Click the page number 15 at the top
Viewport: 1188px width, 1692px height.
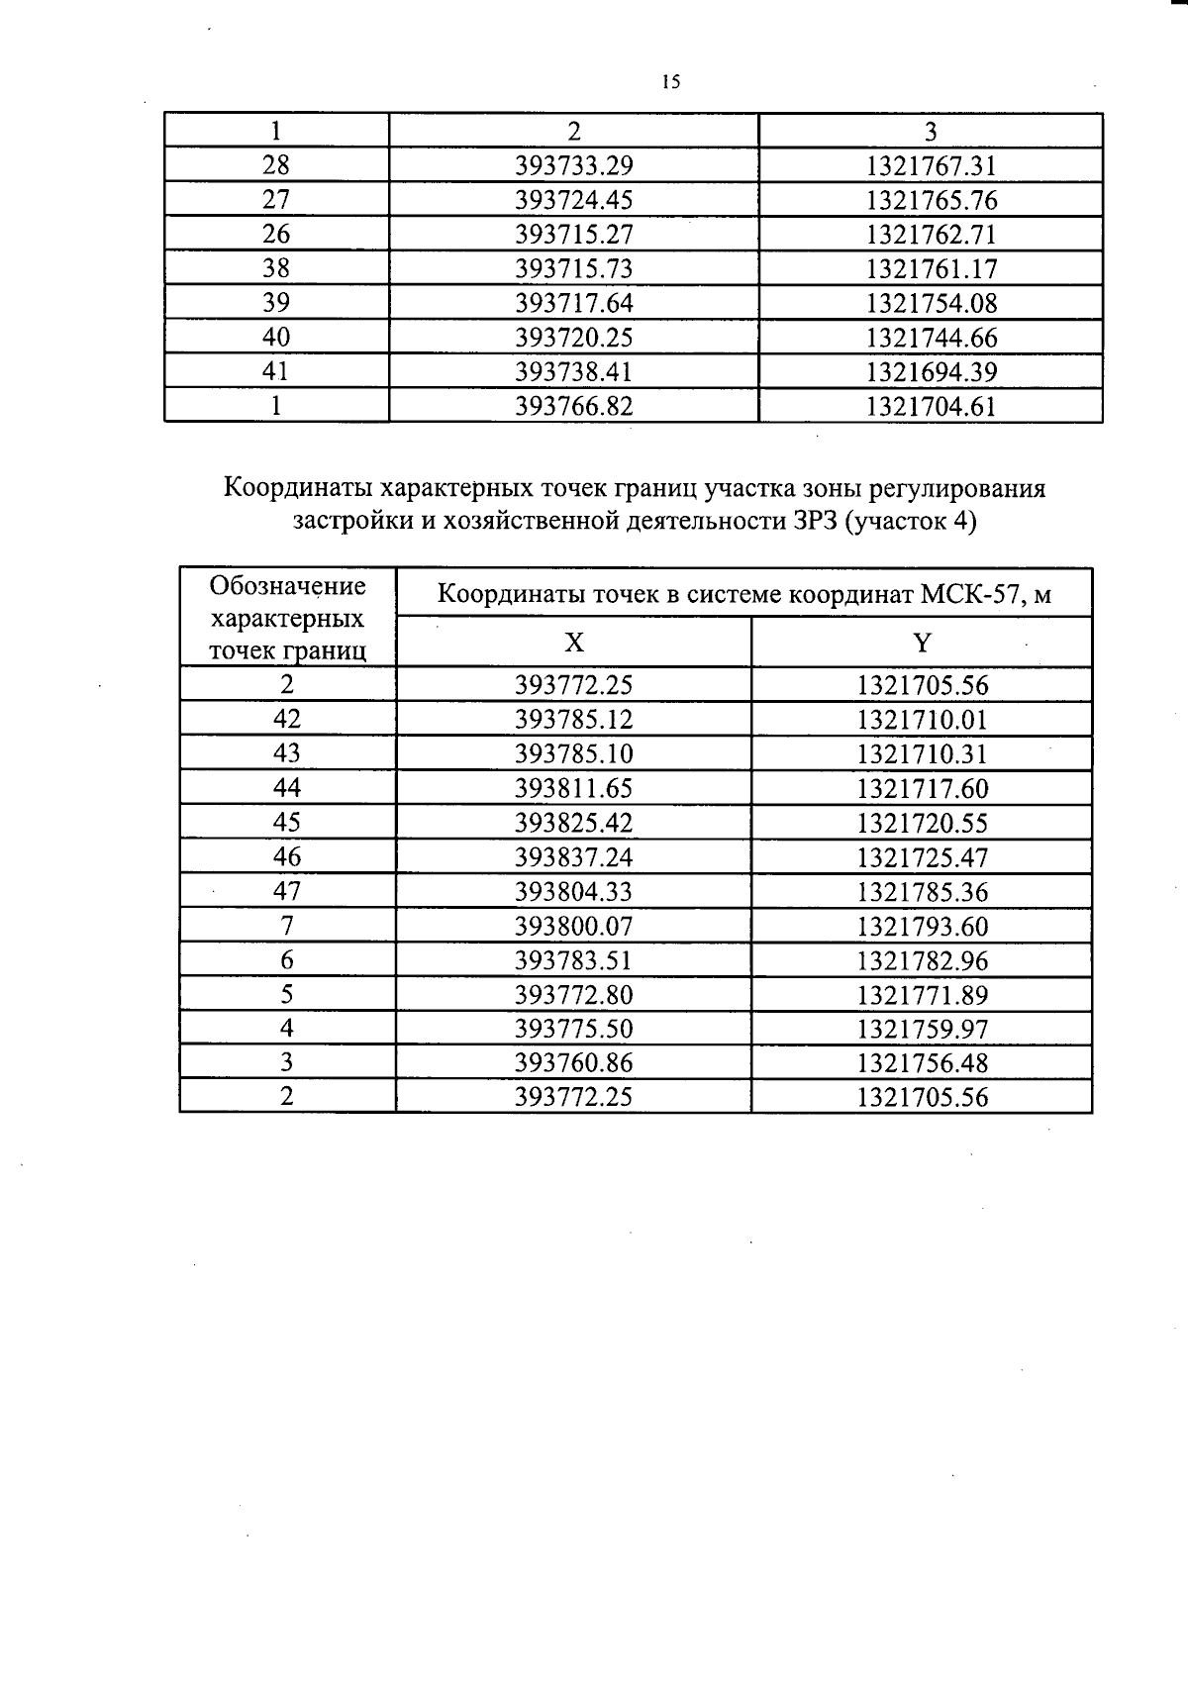point(670,82)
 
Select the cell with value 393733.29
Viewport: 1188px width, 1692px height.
point(573,165)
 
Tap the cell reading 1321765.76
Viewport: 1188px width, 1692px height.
point(931,200)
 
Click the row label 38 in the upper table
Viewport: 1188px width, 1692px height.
point(275,268)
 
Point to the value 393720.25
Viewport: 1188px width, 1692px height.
point(573,338)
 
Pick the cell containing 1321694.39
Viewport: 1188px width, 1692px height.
point(931,372)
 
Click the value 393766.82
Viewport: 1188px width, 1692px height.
point(573,406)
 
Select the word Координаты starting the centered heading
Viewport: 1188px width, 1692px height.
point(298,488)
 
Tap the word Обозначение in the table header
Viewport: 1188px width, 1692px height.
point(287,586)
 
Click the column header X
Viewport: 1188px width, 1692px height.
point(573,643)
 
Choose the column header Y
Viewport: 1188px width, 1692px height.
point(922,643)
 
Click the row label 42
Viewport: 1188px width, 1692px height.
point(287,719)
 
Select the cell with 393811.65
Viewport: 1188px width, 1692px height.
point(573,788)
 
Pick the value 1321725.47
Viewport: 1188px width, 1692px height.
point(922,857)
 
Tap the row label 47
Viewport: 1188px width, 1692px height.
point(287,891)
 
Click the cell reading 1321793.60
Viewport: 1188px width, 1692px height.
point(922,927)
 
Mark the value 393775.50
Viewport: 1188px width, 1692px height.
point(573,1029)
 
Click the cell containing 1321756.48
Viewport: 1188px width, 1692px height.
point(922,1063)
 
